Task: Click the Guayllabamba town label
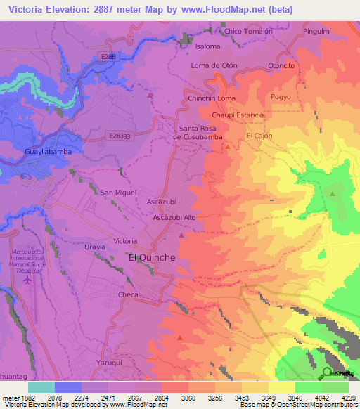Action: click(44, 151)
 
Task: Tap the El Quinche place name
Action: click(152, 258)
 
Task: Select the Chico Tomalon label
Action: click(248, 31)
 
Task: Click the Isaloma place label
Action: click(207, 46)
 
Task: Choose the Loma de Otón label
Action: click(214, 65)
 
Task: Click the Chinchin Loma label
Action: click(212, 99)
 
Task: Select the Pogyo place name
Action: click(281, 98)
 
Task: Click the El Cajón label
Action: click(259, 136)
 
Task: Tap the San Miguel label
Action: click(118, 192)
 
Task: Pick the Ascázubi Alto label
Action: click(174, 218)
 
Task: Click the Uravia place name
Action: click(94, 247)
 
